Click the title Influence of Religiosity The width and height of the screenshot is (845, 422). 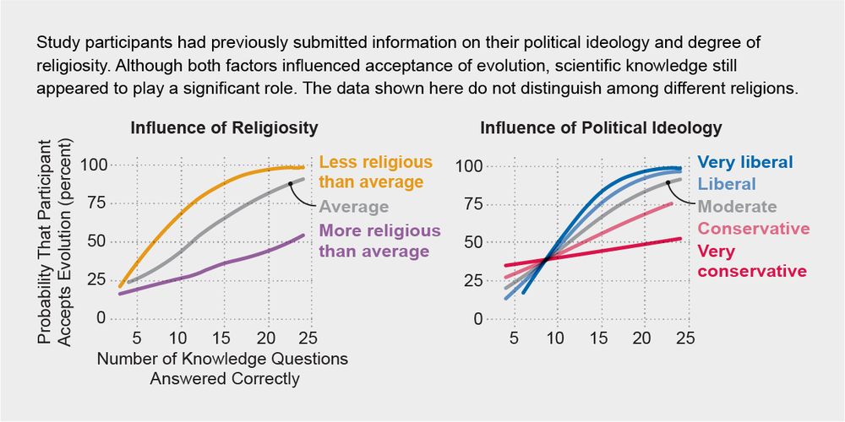[x=224, y=128]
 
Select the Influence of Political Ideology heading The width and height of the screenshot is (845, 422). [x=601, y=128]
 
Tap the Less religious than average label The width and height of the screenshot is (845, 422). [x=376, y=171]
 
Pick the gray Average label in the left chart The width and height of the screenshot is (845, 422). [x=354, y=207]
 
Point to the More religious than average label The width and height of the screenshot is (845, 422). [x=379, y=241]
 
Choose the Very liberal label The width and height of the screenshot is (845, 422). [x=746, y=162]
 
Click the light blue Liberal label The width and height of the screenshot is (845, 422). [x=728, y=183]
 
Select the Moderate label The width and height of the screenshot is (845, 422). [x=737, y=206]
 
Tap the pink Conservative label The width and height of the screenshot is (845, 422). [x=754, y=229]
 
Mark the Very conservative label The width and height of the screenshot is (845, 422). [x=752, y=261]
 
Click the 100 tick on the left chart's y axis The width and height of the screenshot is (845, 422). [x=94, y=165]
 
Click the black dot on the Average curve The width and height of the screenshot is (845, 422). [x=290, y=183]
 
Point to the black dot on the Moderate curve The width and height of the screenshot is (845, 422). [x=668, y=181]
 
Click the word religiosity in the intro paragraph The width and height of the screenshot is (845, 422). [x=71, y=62]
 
